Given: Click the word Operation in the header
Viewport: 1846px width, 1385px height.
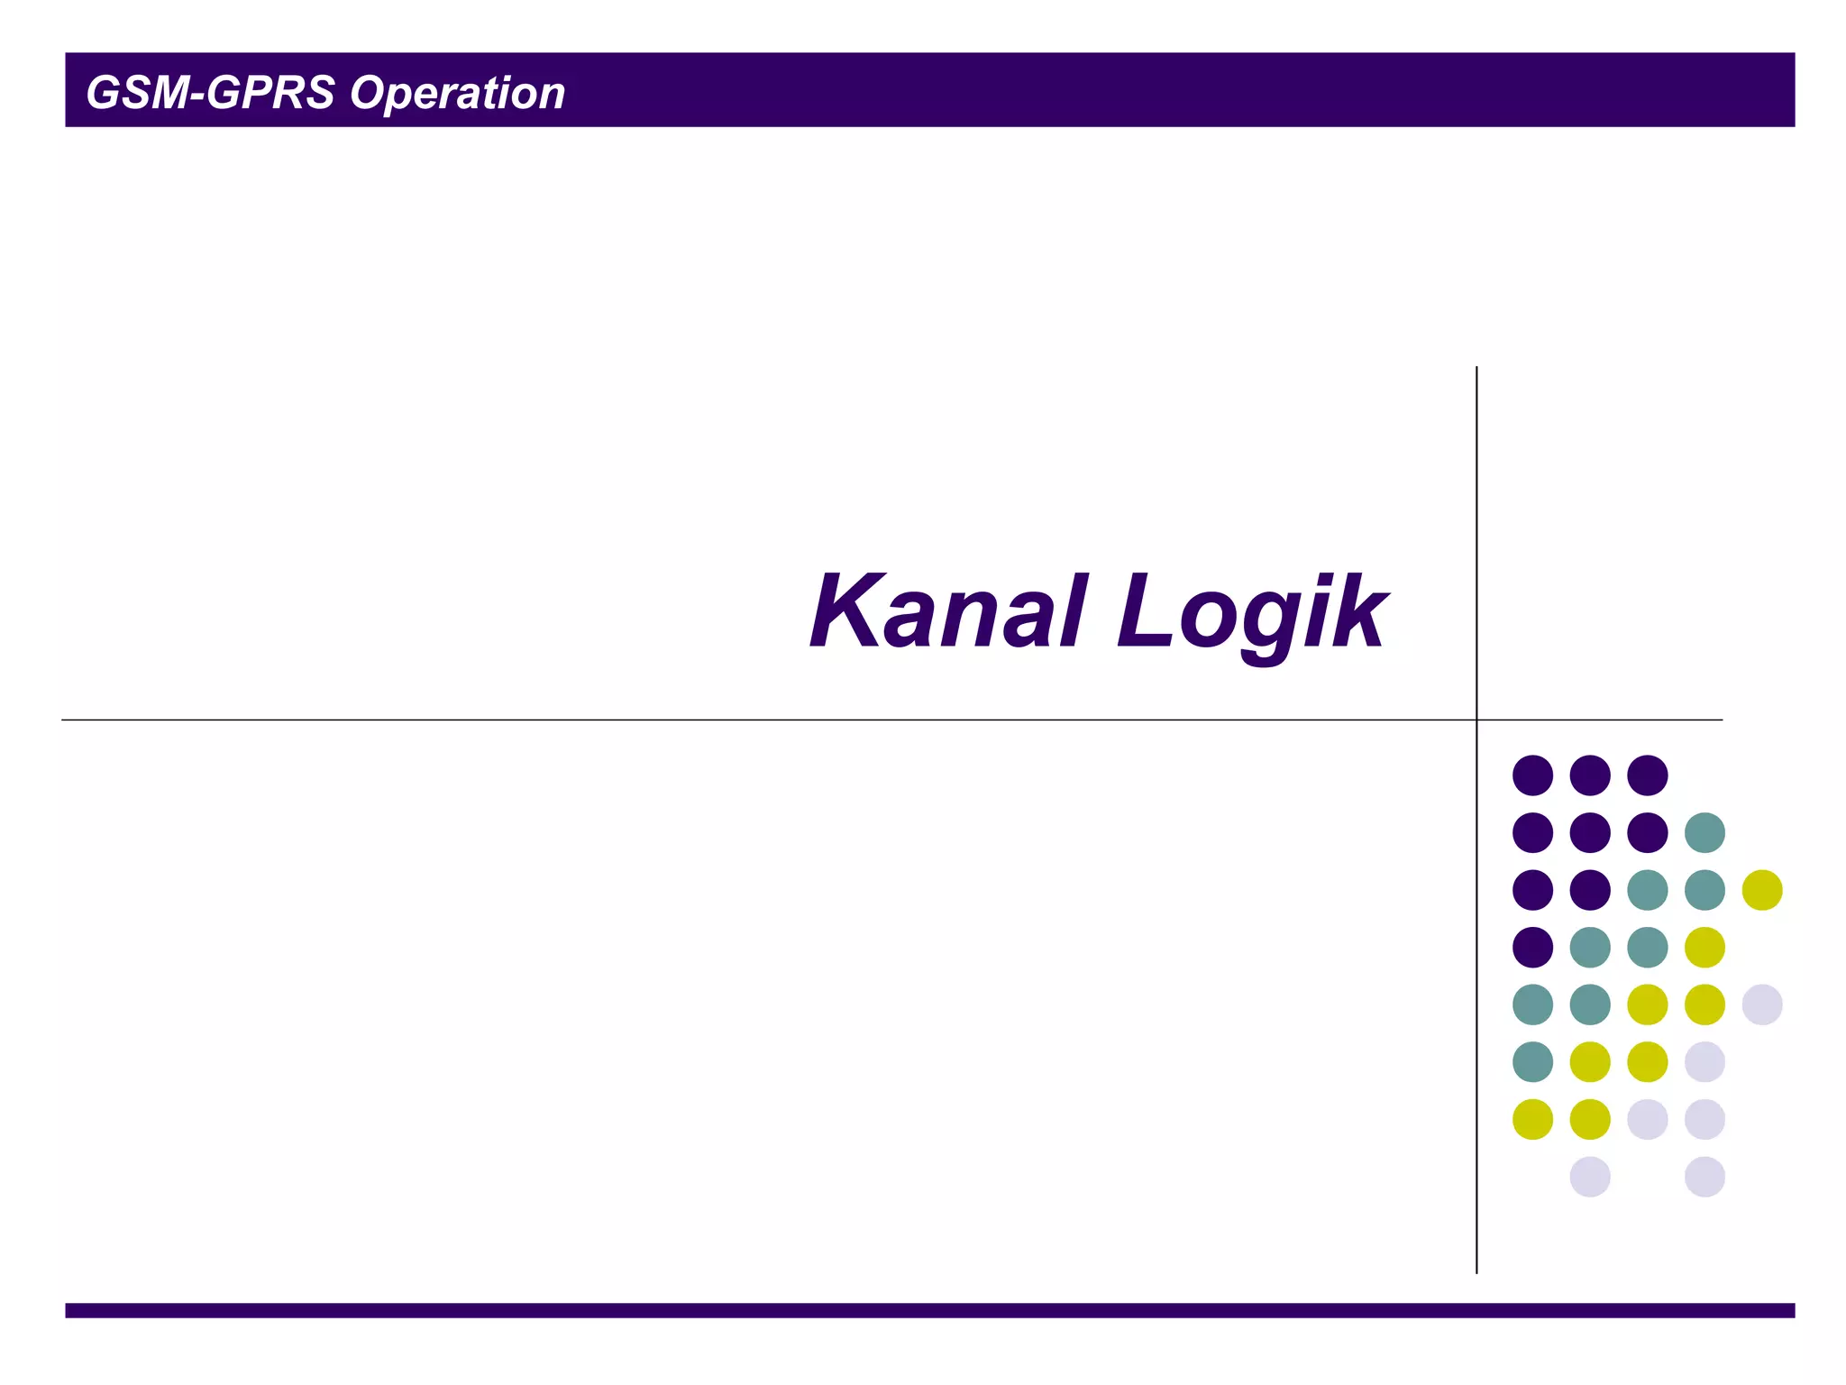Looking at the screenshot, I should [457, 93].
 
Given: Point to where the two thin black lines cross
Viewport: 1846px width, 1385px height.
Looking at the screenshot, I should [1476, 720].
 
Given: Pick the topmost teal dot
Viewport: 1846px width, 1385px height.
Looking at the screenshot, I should [1704, 832].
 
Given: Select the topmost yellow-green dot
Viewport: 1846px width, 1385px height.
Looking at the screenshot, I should [1762, 890].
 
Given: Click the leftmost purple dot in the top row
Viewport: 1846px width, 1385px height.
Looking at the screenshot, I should [1532, 775].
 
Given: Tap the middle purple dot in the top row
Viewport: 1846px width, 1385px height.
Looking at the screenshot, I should [1590, 775].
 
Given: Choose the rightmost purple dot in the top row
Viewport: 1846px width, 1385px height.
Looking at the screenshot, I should [1648, 775].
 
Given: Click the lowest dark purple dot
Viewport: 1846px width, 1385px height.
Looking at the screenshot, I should [1532, 947].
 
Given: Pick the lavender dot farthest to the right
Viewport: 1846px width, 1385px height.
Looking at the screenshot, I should [1762, 1004].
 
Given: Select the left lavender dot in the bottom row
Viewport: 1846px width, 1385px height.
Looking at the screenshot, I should [1590, 1177].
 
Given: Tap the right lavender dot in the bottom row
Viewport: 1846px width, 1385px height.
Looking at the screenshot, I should [1704, 1177].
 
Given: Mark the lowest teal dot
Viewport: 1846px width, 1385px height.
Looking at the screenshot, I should [1532, 1062].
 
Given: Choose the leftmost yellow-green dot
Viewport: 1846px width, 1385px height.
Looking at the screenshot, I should [1532, 1119].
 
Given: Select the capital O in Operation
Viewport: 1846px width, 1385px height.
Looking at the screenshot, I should [368, 93].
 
